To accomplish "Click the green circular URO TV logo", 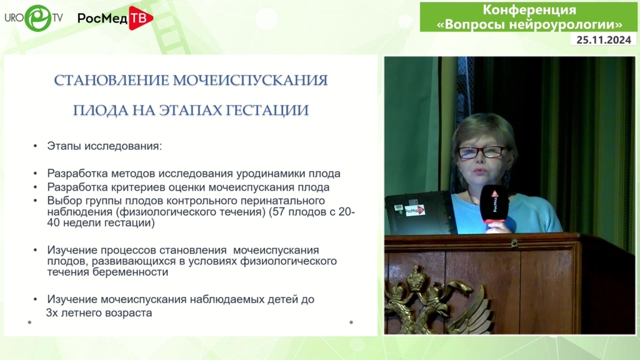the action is [38, 18].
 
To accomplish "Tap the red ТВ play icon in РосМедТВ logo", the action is [141, 18].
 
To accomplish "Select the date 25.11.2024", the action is [604, 40].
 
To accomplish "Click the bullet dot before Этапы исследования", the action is [36, 146].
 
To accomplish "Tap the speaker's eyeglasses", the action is [482, 152].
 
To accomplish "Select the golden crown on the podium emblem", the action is [416, 278].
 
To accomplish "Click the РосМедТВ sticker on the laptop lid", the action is [415, 210].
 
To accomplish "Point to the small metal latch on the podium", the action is [514, 244].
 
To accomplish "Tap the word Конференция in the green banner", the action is [529, 10].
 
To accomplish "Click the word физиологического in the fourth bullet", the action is [288, 261].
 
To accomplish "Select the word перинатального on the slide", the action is [280, 201].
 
